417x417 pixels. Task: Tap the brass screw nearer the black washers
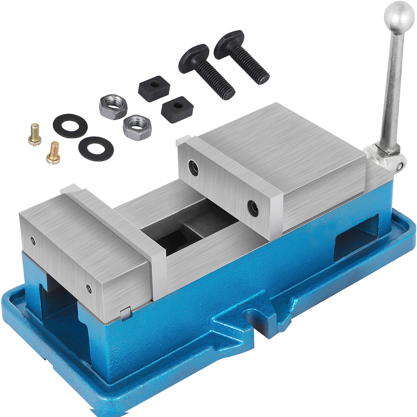click(54, 153)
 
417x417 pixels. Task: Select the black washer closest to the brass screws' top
click(70, 126)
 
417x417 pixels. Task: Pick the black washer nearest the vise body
click(96, 149)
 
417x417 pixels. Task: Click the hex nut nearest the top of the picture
click(113, 107)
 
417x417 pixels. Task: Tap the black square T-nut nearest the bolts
click(154, 88)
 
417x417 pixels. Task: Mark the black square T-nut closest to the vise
click(177, 109)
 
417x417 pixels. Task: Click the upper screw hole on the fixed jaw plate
click(194, 168)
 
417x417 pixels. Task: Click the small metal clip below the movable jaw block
click(125, 313)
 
